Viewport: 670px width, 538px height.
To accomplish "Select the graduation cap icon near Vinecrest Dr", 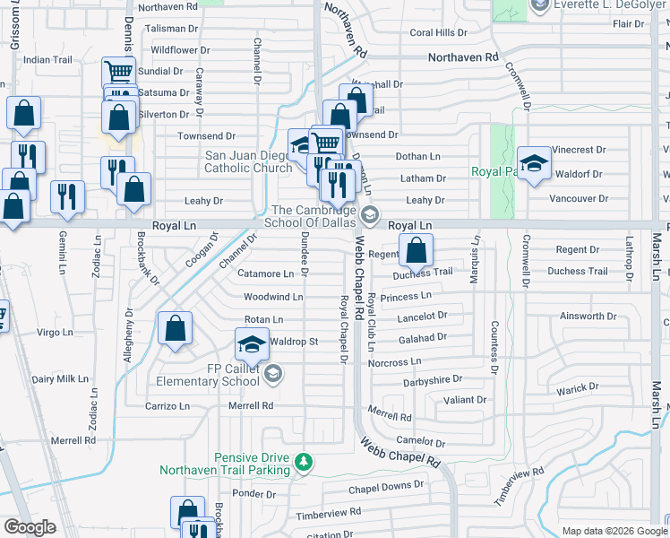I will tap(533, 164).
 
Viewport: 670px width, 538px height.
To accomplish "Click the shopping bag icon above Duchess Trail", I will tap(416, 251).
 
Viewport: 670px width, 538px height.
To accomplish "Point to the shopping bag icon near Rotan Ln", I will tap(175, 328).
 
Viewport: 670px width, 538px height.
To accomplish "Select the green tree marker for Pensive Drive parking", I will tap(305, 462).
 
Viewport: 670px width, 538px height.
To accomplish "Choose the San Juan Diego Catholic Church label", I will tap(237, 161).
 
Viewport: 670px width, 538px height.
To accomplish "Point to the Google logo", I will tap(30, 527).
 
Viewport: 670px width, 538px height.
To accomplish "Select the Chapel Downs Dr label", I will tap(385, 486).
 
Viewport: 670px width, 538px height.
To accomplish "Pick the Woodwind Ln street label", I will tap(273, 297).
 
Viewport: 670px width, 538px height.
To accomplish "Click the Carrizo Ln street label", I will tap(167, 405).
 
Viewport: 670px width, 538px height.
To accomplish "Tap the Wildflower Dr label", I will tap(180, 50).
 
